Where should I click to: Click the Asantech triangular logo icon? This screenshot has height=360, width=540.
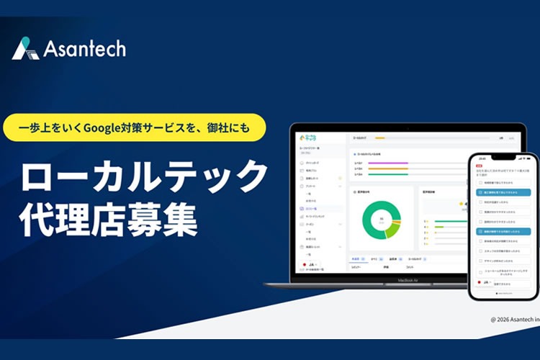tap(24, 48)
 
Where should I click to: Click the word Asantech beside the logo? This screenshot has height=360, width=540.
tap(84, 49)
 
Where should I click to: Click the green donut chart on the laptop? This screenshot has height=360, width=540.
tap(381, 220)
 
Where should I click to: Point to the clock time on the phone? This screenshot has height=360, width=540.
tap(482, 158)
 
